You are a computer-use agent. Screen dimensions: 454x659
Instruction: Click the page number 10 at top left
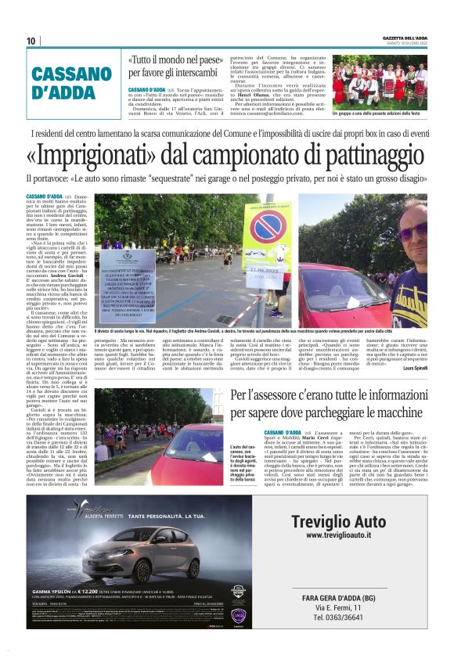click(31, 41)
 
